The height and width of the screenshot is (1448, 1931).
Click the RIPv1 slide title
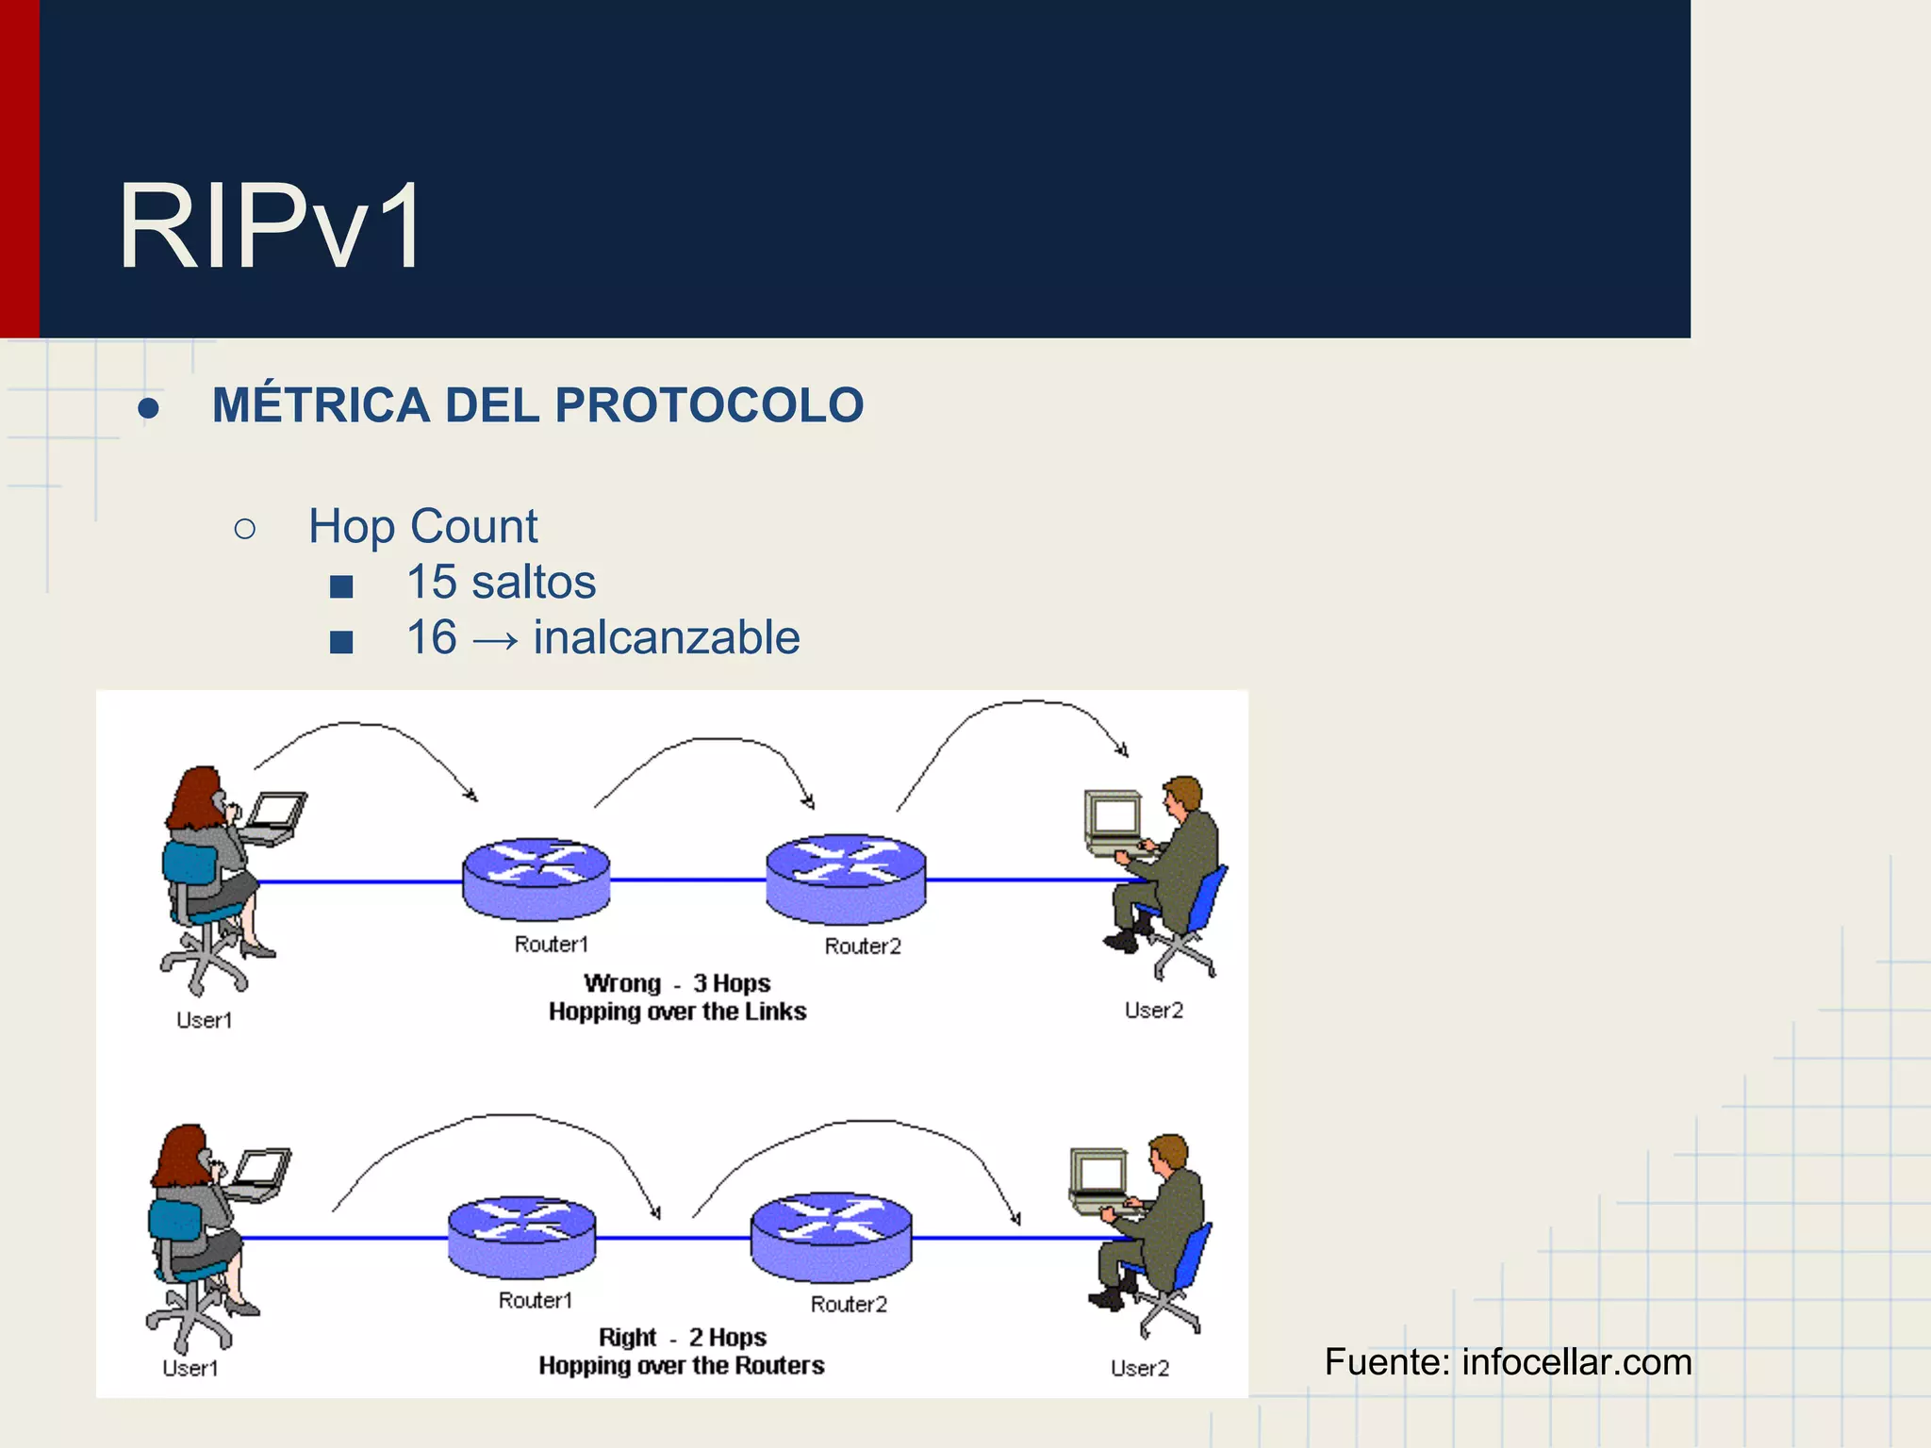tap(270, 227)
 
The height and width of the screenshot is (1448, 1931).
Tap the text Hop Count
tap(422, 526)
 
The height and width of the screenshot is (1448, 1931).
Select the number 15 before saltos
tap(431, 582)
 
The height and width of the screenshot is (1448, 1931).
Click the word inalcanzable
tap(667, 637)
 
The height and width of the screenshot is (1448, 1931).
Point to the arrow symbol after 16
tap(495, 640)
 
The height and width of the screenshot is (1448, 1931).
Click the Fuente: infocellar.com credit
tap(1507, 1362)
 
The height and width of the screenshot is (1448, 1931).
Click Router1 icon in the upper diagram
tap(536, 879)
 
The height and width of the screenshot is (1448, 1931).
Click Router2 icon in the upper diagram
tap(846, 878)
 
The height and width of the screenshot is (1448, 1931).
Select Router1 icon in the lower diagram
tap(521, 1236)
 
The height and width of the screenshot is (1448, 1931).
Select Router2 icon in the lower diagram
tap(831, 1236)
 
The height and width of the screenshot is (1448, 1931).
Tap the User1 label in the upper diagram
tap(204, 1020)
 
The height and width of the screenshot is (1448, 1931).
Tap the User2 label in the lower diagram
tap(1139, 1368)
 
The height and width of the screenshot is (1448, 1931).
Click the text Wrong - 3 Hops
tap(677, 983)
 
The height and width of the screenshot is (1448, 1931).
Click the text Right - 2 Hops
tap(682, 1337)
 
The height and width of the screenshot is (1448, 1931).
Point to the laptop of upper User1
tap(274, 816)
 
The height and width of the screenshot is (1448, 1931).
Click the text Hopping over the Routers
tap(681, 1365)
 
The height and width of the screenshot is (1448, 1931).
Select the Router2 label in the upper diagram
tap(863, 946)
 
